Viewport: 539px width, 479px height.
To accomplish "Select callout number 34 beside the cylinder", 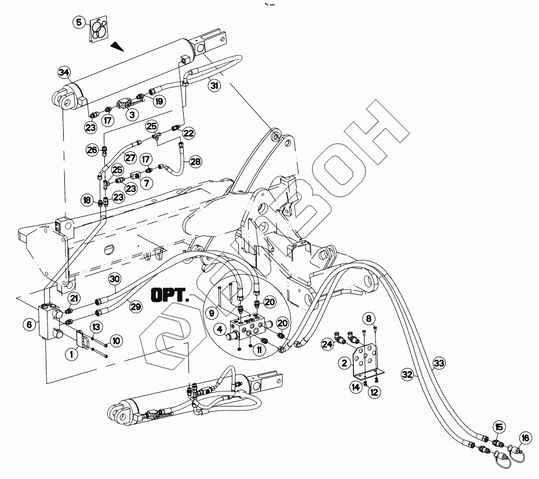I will [64, 72].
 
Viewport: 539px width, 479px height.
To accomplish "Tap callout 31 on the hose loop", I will [214, 86].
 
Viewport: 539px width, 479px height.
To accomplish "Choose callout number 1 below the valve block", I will [72, 352].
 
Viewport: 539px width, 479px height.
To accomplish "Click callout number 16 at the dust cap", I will [525, 438].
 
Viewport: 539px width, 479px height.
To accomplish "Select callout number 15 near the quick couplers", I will [498, 427].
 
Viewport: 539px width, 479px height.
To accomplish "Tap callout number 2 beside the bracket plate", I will [344, 363].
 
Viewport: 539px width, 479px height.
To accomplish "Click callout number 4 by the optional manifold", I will [219, 329].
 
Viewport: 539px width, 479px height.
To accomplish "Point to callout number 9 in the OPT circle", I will [212, 313].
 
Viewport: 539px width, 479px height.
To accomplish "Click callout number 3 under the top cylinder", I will [132, 115].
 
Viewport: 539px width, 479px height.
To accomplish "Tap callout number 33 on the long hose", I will [439, 363].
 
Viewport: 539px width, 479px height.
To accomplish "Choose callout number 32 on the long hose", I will [407, 375].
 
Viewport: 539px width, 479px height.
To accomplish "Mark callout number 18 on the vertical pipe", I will [86, 200].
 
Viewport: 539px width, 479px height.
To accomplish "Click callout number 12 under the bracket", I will [374, 393].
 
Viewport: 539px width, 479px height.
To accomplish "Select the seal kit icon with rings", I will [100, 29].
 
